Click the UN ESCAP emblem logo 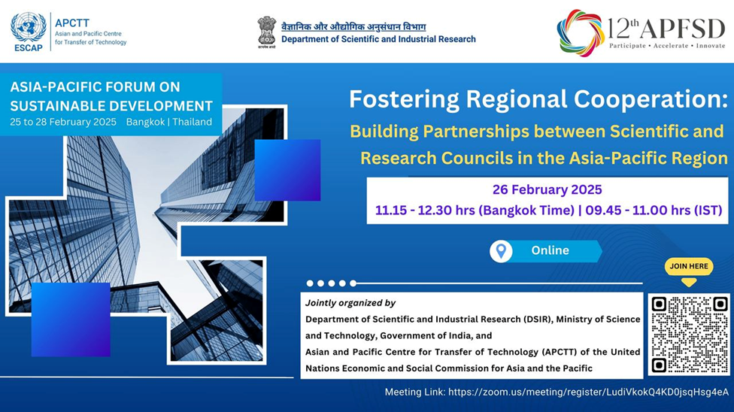(x=28, y=32)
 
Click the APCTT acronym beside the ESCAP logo (x=71, y=23)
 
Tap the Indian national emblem (x=266, y=32)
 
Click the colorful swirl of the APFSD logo (x=581, y=33)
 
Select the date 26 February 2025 (x=547, y=189)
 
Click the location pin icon (x=501, y=251)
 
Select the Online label (x=550, y=250)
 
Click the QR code (x=689, y=335)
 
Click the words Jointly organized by (x=350, y=303)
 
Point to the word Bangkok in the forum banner (x=146, y=123)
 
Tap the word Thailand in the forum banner (x=192, y=123)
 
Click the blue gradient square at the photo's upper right (x=287, y=170)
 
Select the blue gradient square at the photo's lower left (x=71, y=320)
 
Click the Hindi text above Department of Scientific (x=353, y=26)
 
